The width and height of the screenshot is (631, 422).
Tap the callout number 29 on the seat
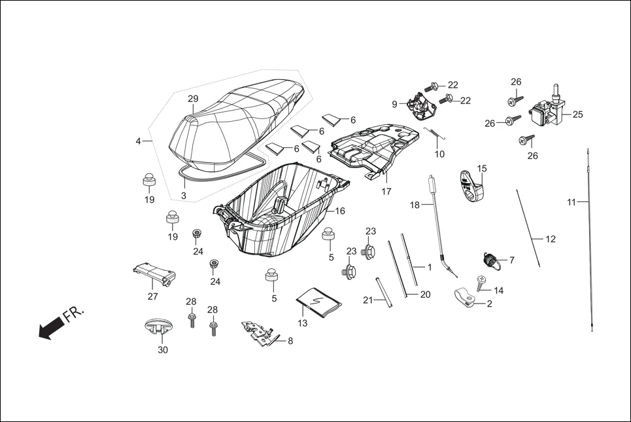tap(193, 99)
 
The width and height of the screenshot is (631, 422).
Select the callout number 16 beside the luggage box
tap(340, 211)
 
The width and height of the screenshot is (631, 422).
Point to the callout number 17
tap(386, 192)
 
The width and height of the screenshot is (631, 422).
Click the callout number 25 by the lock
tap(577, 114)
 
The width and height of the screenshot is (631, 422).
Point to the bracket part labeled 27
tap(153, 273)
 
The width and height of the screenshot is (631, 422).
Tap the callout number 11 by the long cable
tap(571, 202)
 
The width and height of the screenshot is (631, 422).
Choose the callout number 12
tap(551, 239)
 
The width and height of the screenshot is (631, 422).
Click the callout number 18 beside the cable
tap(415, 205)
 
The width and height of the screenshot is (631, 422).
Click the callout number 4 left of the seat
tap(139, 141)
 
